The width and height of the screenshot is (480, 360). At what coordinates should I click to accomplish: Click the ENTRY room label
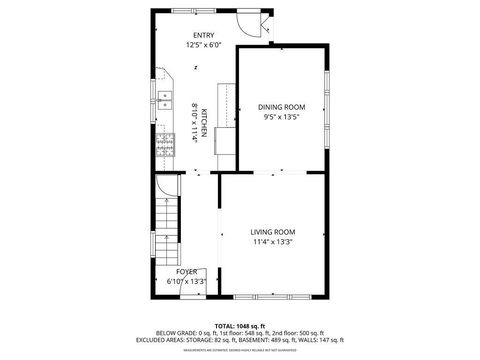(203, 36)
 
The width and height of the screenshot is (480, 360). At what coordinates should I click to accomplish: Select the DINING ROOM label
(281, 107)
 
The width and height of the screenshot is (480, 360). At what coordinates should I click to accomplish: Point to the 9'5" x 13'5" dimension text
(281, 117)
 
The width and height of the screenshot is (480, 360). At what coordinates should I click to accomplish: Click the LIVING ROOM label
(272, 232)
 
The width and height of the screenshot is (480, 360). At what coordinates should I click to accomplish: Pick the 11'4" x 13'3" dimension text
(272, 242)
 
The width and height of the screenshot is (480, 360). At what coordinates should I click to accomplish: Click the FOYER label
(187, 272)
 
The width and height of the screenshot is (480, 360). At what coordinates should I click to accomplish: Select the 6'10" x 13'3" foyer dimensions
(187, 282)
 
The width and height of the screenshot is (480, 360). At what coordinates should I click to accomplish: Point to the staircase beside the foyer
(164, 225)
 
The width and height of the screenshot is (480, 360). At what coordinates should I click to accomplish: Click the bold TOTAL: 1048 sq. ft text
(239, 326)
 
